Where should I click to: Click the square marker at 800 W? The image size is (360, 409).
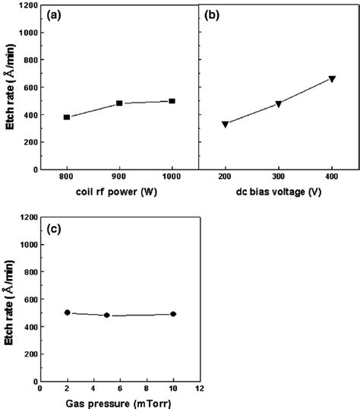(67, 117)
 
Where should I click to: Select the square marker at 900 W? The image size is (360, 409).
(119, 103)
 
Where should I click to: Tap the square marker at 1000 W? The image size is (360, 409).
(172, 101)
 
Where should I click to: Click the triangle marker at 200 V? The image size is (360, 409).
(225, 124)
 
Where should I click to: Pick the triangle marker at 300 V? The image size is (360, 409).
(279, 104)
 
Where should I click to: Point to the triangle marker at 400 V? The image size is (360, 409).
(332, 79)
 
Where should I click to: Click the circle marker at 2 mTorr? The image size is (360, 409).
(67, 312)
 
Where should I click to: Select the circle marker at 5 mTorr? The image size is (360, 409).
(106, 315)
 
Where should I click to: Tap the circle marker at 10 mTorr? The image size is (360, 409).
(173, 314)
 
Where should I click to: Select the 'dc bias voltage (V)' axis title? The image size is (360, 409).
(278, 192)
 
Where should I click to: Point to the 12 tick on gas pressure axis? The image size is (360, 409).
(199, 389)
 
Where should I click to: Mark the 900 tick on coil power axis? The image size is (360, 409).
(119, 179)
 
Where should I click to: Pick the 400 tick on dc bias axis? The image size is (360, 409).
(332, 179)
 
